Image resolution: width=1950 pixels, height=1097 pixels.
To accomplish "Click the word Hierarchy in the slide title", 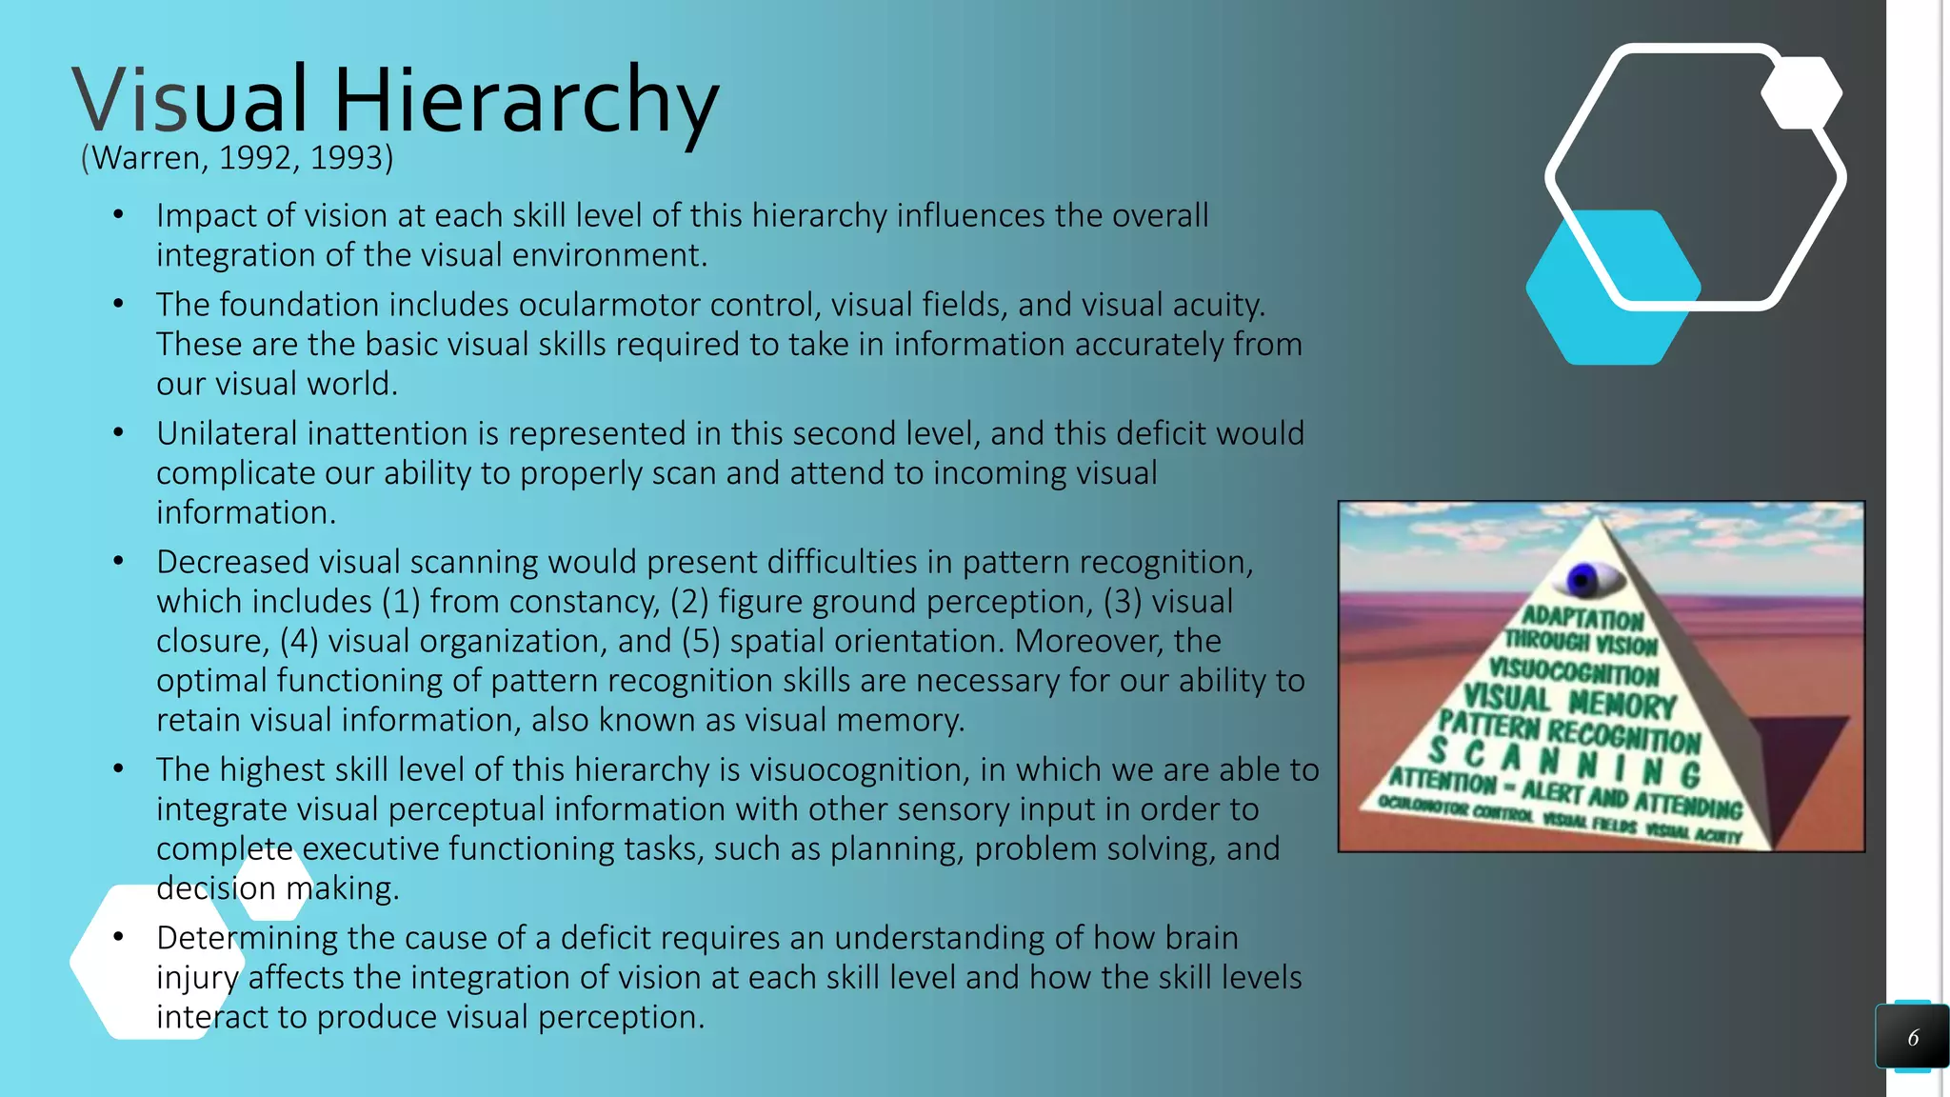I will click(x=526, y=101).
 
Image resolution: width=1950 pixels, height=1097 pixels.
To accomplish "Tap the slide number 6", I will click(x=1912, y=1038).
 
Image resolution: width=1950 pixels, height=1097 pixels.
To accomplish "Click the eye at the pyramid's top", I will click(x=1582, y=578).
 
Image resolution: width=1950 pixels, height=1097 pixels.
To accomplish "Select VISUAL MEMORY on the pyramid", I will click(x=1569, y=702).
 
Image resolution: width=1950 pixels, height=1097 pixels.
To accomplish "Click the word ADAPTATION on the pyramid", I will click(x=1582, y=617).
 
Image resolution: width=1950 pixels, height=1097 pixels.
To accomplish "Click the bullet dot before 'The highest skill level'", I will click(x=118, y=768).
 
